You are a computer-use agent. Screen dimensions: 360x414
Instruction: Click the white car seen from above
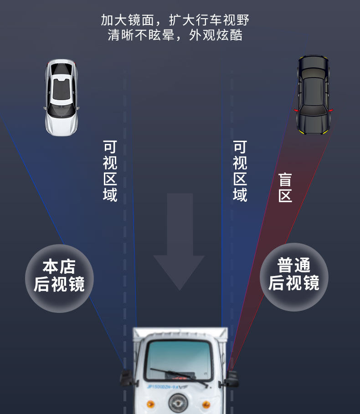[61, 97]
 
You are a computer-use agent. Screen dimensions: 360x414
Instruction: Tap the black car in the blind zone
[313, 95]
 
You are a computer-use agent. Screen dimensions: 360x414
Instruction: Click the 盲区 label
[285, 188]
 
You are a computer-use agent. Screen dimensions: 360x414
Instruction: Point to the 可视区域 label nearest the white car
[110, 171]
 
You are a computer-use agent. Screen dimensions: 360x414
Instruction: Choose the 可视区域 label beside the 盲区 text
[240, 171]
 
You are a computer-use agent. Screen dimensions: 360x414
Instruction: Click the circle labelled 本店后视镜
[59, 279]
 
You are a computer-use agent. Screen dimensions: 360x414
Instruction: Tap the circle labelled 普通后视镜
[294, 277]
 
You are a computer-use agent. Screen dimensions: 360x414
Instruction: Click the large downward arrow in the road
[180, 242]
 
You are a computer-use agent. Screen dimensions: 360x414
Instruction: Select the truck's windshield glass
[179, 360]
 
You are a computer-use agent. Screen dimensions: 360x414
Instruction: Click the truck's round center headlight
[178, 403]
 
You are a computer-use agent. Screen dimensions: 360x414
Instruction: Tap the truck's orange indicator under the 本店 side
[150, 404]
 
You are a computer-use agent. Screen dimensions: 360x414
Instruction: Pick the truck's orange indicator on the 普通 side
[206, 404]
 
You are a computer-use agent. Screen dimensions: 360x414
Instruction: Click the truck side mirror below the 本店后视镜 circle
[127, 378]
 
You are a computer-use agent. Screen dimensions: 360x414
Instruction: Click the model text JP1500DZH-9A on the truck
[162, 387]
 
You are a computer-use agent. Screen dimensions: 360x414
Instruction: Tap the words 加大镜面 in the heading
[127, 20]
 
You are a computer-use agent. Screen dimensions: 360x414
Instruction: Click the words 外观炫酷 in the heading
[216, 35]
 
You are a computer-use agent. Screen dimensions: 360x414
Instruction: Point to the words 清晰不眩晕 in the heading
[141, 35]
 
